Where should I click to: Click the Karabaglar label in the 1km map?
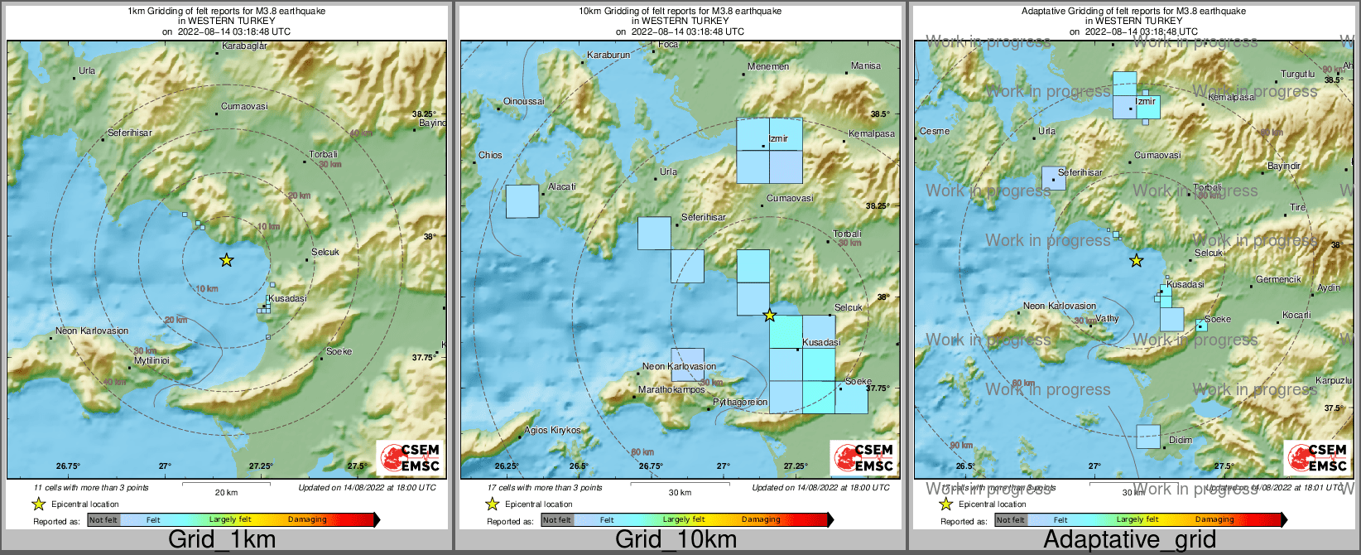(x=244, y=46)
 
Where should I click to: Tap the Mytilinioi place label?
(x=151, y=361)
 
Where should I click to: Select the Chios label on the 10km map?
(x=490, y=155)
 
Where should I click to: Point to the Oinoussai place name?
(x=524, y=101)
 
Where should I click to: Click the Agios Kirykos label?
(x=553, y=431)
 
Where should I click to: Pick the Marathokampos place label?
(x=671, y=389)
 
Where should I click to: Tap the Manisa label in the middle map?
(x=866, y=66)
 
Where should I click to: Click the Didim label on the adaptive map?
(x=1180, y=440)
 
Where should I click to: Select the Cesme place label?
(x=935, y=131)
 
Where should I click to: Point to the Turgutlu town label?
(x=1297, y=74)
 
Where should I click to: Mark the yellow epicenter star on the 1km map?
(x=226, y=260)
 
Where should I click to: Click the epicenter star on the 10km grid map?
(x=769, y=315)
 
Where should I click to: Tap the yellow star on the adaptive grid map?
(x=1137, y=261)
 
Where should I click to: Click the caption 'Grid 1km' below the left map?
(x=221, y=540)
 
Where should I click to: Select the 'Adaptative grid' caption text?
(x=1129, y=540)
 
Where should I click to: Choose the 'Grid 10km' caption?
(x=676, y=540)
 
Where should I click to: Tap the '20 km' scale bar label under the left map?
(x=226, y=492)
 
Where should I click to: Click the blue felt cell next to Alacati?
(x=522, y=201)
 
